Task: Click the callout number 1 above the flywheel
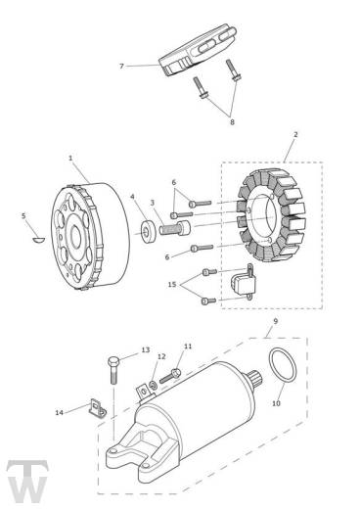[x=71, y=157]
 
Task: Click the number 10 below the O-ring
[x=274, y=402]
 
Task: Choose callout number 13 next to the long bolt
[x=146, y=349]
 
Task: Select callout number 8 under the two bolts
[x=231, y=122]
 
